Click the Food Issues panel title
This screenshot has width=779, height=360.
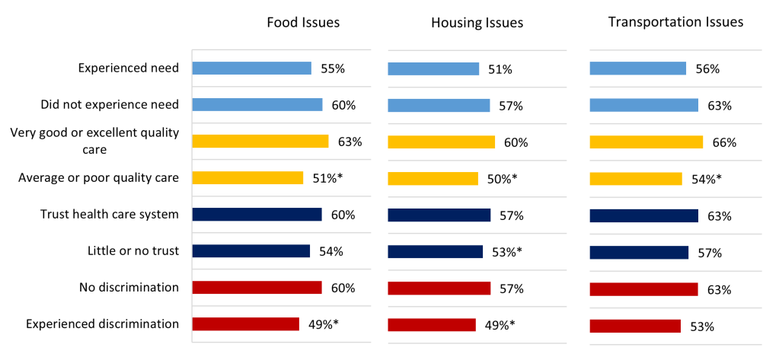[x=303, y=22]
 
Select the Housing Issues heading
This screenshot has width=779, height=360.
[x=477, y=23]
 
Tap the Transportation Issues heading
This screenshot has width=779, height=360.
[x=675, y=22]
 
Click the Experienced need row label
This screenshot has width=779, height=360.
[x=129, y=68]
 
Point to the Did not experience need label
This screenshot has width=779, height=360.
[x=110, y=104]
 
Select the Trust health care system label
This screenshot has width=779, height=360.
[x=110, y=214]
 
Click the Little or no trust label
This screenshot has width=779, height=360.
[x=134, y=250]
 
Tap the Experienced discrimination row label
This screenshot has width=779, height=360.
[x=102, y=323]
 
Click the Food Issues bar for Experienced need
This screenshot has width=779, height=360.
[x=251, y=68]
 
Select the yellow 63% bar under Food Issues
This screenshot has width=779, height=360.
[x=260, y=141]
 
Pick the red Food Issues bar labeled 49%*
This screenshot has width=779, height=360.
[x=245, y=324]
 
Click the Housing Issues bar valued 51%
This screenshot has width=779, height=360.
[x=433, y=69]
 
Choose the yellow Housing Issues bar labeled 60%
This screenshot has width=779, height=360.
[x=441, y=142]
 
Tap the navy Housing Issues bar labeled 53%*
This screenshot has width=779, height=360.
[x=435, y=252]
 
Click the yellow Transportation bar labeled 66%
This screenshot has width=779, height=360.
[x=646, y=142]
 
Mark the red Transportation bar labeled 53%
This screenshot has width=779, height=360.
[x=635, y=327]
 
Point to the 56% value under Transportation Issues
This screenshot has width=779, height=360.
[x=707, y=69]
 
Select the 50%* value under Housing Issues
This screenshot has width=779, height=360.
[x=502, y=179]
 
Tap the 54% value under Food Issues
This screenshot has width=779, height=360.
[x=332, y=251]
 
